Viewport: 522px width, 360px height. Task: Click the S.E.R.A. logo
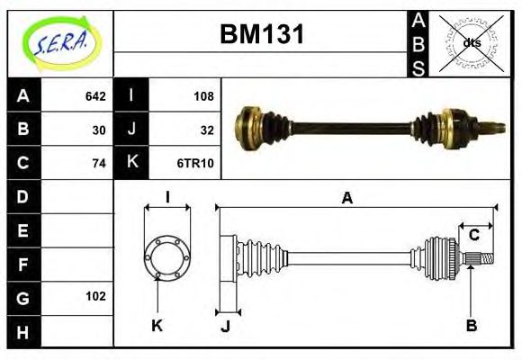point(60,40)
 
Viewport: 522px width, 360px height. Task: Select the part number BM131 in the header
point(262,36)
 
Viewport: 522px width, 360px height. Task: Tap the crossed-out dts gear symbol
point(472,42)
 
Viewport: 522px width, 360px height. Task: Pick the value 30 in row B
point(99,130)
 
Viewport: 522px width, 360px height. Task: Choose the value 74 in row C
point(99,163)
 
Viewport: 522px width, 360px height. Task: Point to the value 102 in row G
point(95,296)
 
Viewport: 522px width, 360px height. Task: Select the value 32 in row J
point(207,130)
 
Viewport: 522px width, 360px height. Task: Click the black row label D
point(23,196)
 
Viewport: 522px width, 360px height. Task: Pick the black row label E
point(23,229)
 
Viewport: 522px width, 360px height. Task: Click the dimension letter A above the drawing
point(346,198)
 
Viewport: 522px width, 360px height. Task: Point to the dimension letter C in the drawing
point(473,236)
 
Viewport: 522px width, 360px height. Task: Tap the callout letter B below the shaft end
point(471,324)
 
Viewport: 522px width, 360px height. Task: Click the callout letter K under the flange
point(157,324)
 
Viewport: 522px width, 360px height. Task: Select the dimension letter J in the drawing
point(225,327)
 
